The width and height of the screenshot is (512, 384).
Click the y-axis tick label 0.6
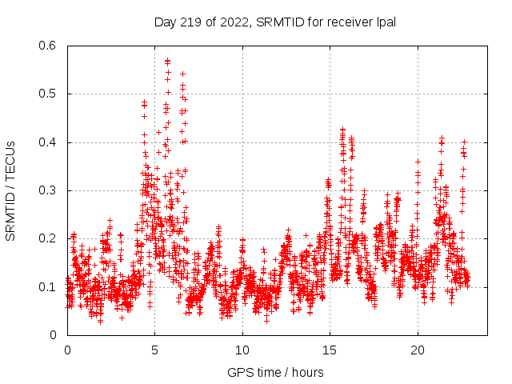[x=49, y=46]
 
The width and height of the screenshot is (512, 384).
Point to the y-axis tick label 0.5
[x=49, y=94]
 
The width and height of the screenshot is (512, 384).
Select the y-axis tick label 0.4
[x=49, y=142]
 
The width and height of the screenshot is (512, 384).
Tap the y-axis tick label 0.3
[x=49, y=190]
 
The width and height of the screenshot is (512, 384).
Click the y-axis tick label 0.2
[x=49, y=238]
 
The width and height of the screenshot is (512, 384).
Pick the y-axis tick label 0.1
[x=49, y=287]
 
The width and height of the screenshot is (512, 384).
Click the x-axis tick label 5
[x=154, y=350]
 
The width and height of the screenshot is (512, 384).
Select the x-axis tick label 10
[x=242, y=350]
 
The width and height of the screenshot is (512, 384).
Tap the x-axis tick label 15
[x=329, y=350]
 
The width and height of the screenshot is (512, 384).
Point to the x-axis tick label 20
[x=417, y=350]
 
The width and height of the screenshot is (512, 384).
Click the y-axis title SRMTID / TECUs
[x=10, y=190]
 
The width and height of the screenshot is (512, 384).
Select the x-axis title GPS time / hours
[x=275, y=372]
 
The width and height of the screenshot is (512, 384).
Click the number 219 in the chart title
[x=186, y=21]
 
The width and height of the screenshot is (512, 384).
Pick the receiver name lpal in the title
[x=385, y=21]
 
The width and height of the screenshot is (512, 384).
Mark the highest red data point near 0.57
[x=167, y=60]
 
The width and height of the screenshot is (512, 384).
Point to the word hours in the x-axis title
[x=308, y=372]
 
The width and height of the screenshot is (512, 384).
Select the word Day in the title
[x=164, y=21]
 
